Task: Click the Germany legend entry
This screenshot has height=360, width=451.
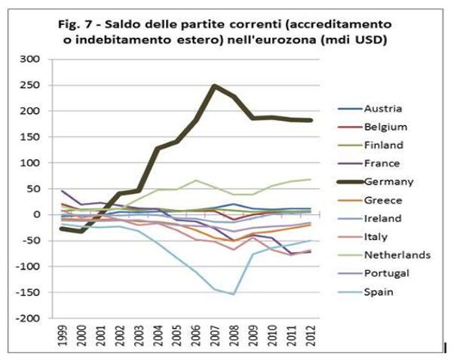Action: click(376, 182)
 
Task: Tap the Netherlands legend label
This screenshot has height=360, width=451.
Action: click(397, 255)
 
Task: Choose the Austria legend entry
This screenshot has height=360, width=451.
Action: click(370, 109)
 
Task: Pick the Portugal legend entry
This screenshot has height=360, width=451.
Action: click(373, 273)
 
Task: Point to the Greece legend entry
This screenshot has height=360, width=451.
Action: click(370, 200)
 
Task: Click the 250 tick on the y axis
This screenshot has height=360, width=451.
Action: click(29, 85)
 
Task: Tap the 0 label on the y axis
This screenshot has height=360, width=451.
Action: click(36, 214)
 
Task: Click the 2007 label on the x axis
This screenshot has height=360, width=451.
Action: click(214, 336)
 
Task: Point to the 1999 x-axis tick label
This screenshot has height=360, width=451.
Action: click(62, 336)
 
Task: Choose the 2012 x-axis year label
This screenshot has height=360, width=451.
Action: click(311, 336)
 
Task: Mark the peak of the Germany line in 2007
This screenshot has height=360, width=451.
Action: click(214, 86)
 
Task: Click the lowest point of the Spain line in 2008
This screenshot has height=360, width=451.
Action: click(233, 294)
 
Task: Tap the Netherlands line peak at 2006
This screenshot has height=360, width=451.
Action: click(195, 180)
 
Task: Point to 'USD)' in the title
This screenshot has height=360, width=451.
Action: click(371, 40)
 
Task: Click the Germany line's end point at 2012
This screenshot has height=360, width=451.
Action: click(311, 120)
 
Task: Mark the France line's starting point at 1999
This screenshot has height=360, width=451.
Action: click(62, 191)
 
